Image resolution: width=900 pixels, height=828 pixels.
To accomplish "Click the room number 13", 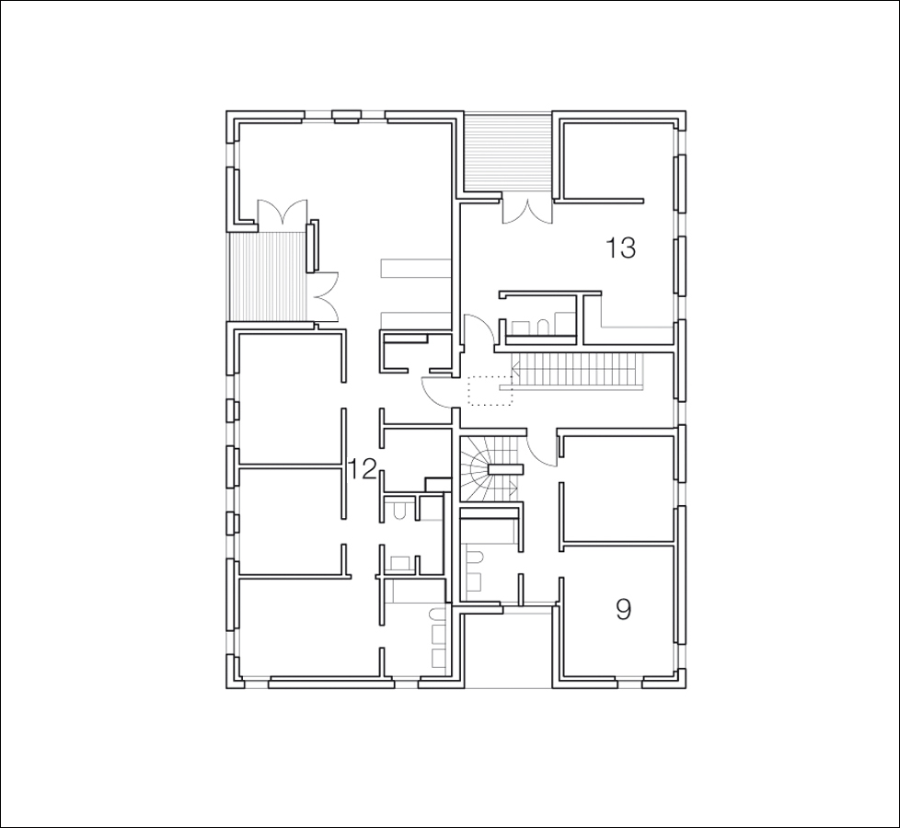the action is (x=620, y=248).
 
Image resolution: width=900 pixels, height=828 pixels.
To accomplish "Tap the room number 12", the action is (x=363, y=470).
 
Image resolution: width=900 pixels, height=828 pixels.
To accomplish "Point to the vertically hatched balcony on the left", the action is (x=268, y=276).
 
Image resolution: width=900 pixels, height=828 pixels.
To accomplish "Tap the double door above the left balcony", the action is (x=282, y=213).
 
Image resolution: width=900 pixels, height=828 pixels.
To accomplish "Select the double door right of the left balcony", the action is (x=324, y=296).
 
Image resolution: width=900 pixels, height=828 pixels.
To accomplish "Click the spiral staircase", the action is (x=492, y=467).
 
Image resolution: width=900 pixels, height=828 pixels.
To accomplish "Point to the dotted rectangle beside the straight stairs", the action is (x=490, y=390).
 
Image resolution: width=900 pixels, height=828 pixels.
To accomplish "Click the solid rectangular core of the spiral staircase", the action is (x=506, y=469).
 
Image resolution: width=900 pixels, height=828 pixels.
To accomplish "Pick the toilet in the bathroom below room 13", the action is (x=541, y=327).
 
